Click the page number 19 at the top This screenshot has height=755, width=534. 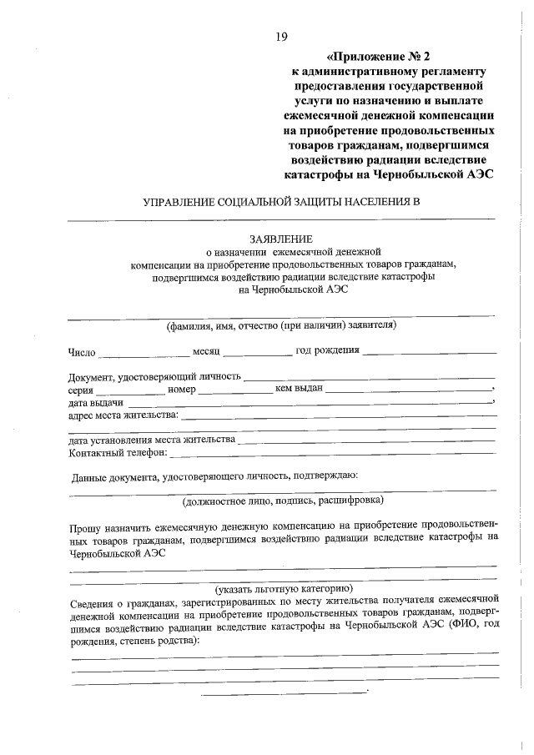[280, 37]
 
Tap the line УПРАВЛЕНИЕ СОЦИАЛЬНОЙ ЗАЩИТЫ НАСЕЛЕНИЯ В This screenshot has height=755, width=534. [280, 203]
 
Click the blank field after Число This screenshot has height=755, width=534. [144, 354]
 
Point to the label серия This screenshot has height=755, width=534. [81, 390]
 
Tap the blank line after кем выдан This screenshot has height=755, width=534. [409, 390]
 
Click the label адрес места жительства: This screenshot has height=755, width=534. [123, 415]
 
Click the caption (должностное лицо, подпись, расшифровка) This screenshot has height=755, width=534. [283, 501]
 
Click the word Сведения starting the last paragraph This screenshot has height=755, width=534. [93, 599]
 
